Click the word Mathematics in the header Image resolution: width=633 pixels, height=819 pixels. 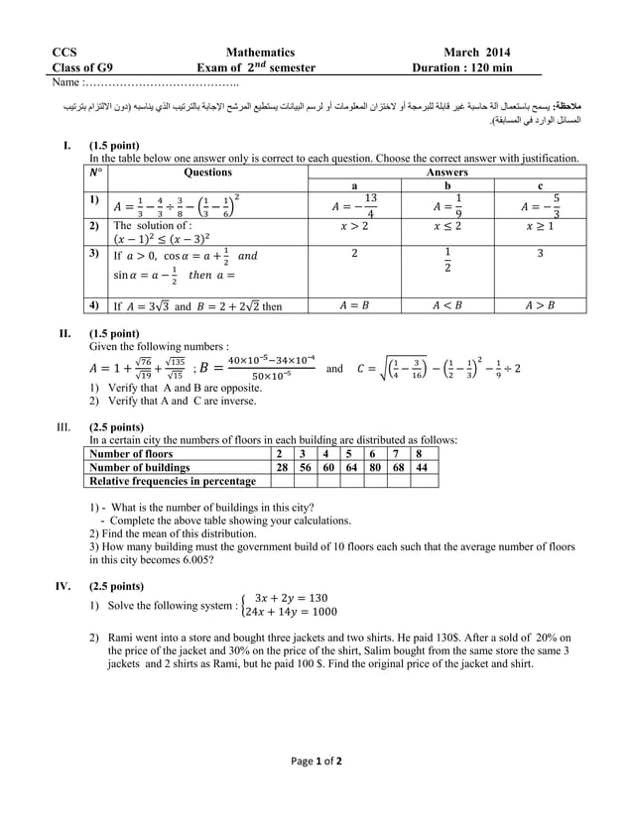[260, 53]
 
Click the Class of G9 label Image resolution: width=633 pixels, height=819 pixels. [82, 67]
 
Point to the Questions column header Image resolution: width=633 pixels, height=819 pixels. [208, 173]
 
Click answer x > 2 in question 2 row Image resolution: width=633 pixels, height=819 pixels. [353, 226]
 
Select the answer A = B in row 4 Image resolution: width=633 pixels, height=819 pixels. [354, 306]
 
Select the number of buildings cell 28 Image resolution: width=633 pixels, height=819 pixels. [281, 467]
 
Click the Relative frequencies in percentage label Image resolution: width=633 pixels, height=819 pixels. [173, 481]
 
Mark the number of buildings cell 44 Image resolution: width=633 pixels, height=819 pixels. [423, 467]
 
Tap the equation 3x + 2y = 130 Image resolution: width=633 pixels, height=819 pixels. [291, 598]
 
